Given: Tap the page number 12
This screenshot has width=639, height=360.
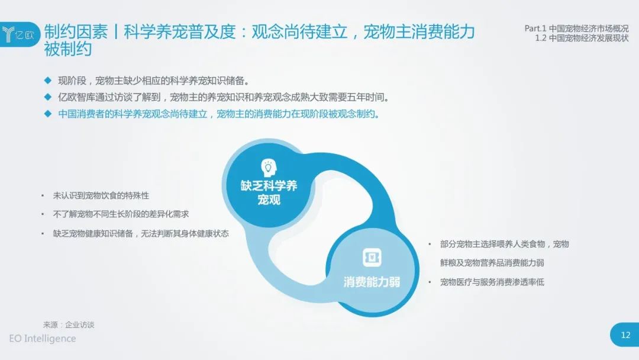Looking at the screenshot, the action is tap(625, 335).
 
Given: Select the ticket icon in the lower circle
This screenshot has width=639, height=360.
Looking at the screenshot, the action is tap(372, 258).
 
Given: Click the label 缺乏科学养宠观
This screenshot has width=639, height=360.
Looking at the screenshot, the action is tap(269, 192).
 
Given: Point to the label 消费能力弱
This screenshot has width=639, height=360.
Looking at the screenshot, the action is tap(372, 282).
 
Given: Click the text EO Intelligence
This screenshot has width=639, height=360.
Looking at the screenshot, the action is tap(43, 339).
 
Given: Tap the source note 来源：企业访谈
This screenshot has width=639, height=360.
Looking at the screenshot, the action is tap(69, 324).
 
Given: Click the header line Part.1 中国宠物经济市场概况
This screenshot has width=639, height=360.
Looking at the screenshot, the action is tap(576, 28).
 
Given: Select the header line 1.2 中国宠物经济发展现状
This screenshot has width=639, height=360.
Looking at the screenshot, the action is tap(582, 38).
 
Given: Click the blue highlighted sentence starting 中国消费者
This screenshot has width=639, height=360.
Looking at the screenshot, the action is tap(219, 114).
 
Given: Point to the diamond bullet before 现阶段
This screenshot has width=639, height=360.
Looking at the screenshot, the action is tap(48, 81).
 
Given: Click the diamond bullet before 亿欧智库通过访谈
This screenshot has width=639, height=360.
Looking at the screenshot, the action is tap(48, 97).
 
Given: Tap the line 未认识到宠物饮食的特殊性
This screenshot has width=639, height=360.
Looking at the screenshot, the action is tap(101, 196).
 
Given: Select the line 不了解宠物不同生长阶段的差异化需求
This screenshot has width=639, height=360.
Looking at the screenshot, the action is tap(121, 214).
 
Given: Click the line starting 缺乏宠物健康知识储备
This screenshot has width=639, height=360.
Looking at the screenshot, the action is tap(141, 234).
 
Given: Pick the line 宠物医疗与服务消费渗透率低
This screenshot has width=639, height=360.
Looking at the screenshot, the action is tap(492, 282).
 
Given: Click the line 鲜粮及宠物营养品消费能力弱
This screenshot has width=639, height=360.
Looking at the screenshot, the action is tap(492, 263).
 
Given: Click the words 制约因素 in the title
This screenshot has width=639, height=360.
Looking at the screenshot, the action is tap(76, 31).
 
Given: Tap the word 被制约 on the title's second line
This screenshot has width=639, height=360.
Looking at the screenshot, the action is tap(67, 49).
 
